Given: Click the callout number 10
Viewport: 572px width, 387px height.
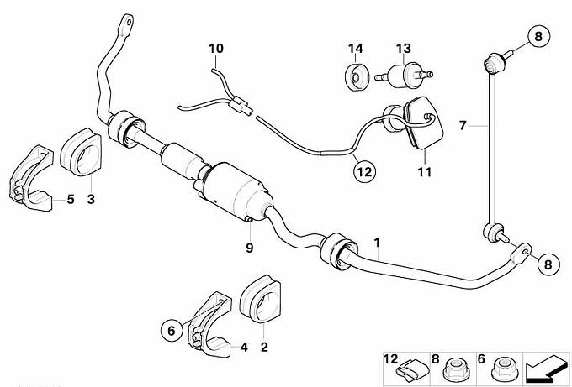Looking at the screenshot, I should pos(216,48).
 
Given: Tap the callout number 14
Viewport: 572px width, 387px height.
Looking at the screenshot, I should pos(357,48).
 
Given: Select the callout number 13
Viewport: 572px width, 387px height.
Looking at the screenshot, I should pos(403,48).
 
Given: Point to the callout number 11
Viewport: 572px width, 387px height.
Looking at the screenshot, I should pos(425,172).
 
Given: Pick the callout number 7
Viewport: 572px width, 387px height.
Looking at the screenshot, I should pos(462,126).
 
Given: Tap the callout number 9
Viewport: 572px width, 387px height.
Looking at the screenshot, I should pos(249,248).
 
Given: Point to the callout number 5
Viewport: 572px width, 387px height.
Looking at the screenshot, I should pos(70,199).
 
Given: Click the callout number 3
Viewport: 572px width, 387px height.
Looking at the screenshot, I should pos(91,199).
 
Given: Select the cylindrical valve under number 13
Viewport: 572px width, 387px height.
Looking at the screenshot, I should pos(403,76).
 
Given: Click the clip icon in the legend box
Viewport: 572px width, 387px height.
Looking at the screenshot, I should pos(406,366).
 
